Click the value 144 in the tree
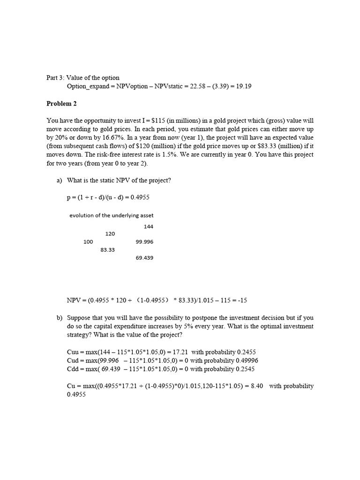click(149, 226)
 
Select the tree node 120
click(110, 233)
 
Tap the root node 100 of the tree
click(88, 242)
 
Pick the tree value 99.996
click(144, 242)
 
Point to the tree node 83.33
click(107, 250)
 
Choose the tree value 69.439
click(144, 258)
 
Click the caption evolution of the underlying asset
click(111, 216)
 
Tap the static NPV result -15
click(251, 300)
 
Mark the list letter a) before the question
click(60, 180)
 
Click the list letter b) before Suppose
click(60, 318)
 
